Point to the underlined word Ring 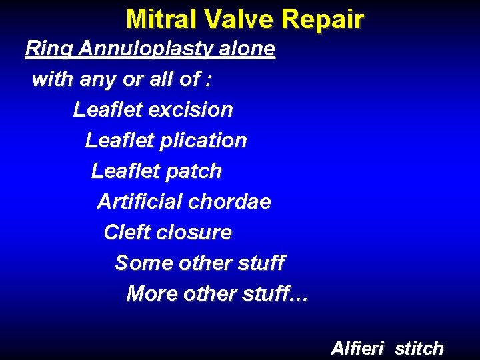pyautogui.click(x=48, y=49)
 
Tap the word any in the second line pyautogui.click(x=97, y=80)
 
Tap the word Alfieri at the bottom pyautogui.click(x=359, y=348)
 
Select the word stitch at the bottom pyautogui.click(x=419, y=348)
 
